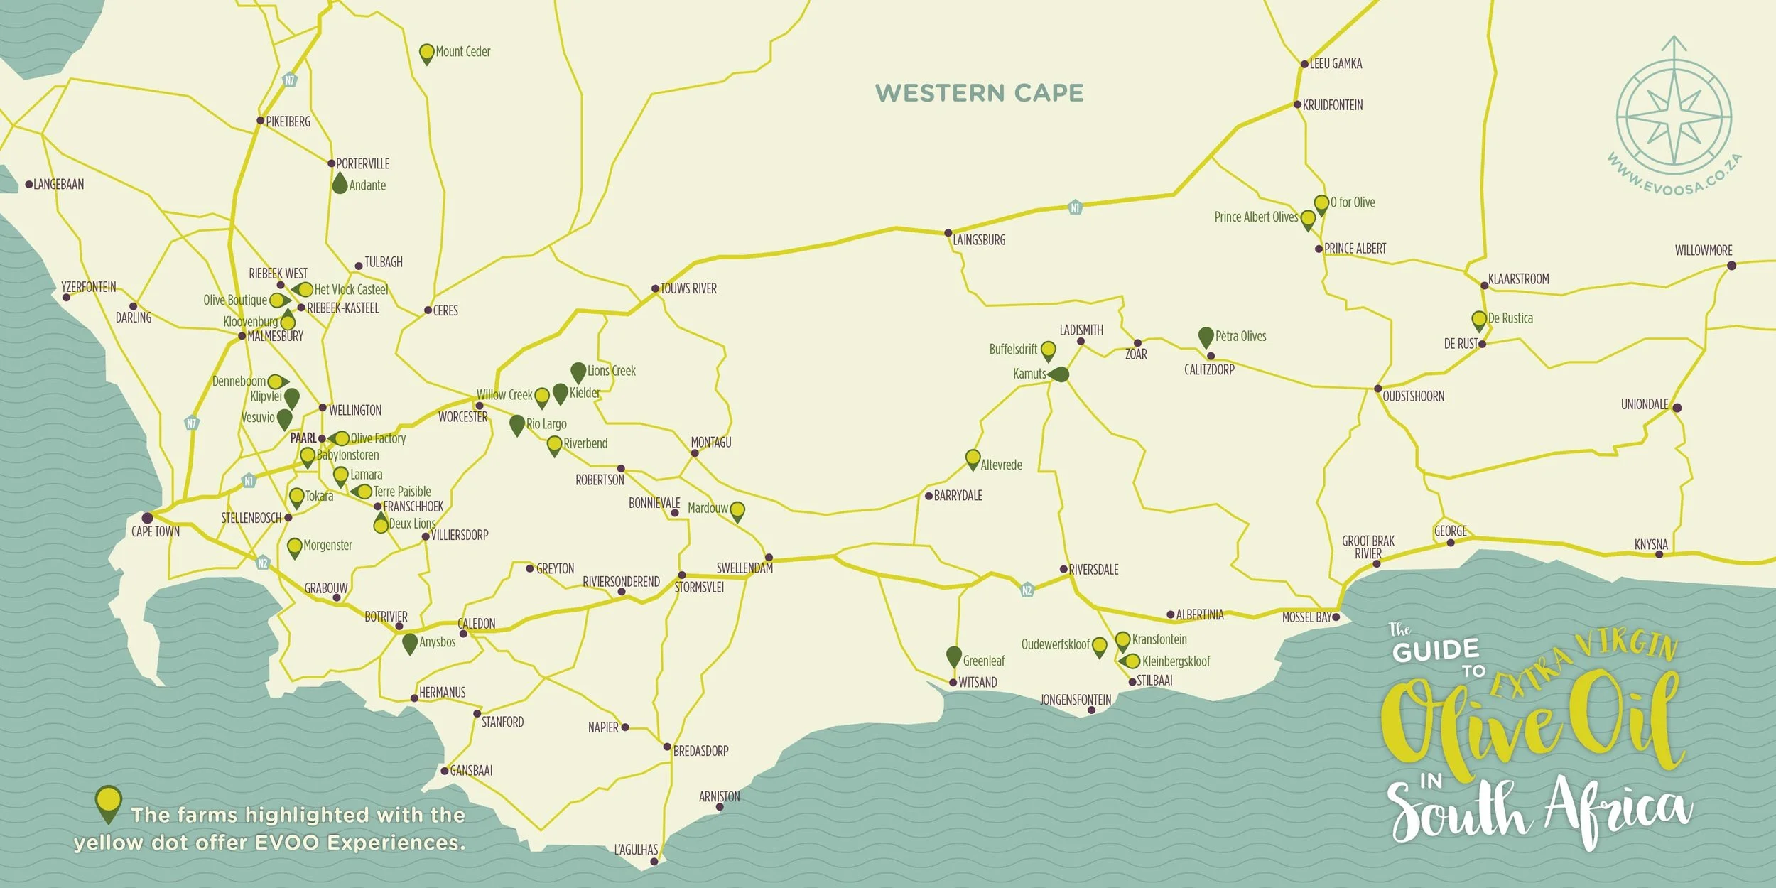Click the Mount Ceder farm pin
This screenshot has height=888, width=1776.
(x=426, y=53)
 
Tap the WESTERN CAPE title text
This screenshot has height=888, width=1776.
(x=979, y=93)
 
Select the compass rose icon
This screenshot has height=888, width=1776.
(x=1674, y=116)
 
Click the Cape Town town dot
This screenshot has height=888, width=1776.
(x=147, y=518)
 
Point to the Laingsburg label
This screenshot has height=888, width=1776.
(x=979, y=240)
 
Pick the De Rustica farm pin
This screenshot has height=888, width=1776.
(x=1479, y=320)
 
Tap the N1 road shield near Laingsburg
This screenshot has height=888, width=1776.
(x=1075, y=207)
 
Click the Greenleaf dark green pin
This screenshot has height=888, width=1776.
(x=954, y=656)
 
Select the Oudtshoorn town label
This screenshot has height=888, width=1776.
(x=1413, y=396)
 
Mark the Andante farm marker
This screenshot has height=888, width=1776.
(x=340, y=184)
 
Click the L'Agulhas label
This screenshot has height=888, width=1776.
(x=636, y=850)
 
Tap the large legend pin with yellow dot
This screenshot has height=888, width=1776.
(x=108, y=803)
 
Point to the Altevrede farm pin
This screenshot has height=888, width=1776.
(x=973, y=459)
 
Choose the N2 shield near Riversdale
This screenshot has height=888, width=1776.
(x=1027, y=590)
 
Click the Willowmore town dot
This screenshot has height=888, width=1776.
(x=1731, y=266)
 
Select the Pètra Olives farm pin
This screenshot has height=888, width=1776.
(x=1206, y=337)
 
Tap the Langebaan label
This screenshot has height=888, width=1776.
(x=59, y=185)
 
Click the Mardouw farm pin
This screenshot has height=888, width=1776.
(x=737, y=511)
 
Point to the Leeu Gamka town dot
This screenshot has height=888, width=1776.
(x=1304, y=64)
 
